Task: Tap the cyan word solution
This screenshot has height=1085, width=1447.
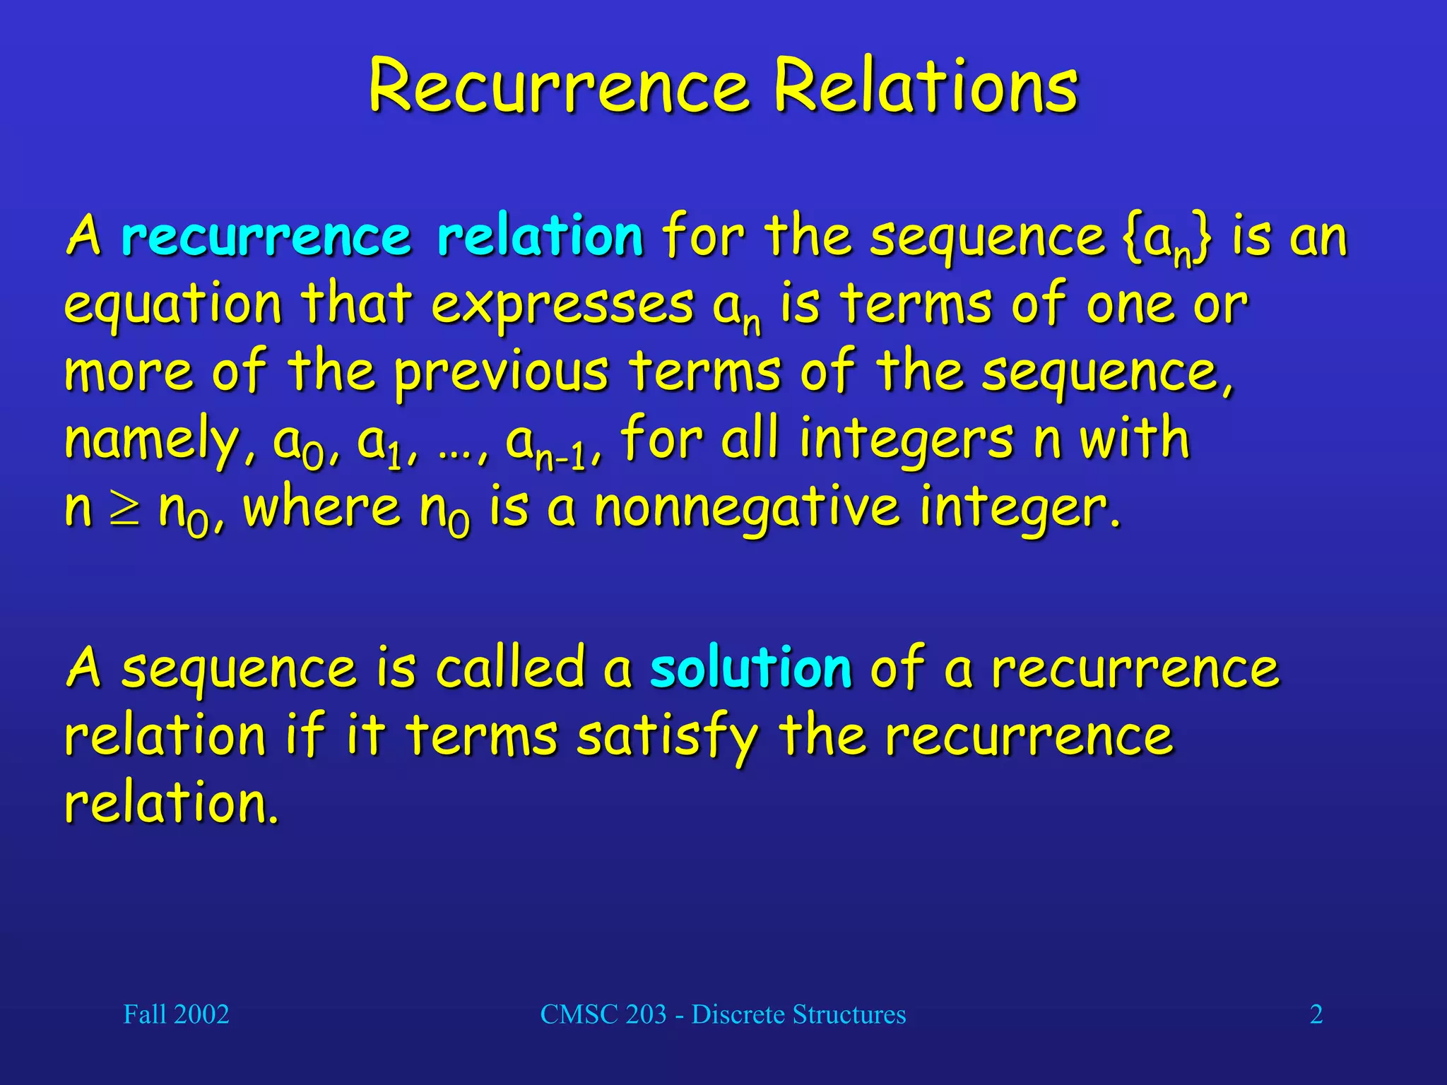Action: point(750,668)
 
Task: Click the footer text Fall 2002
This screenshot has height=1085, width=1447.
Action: point(176,1014)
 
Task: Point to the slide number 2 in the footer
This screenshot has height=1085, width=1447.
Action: point(1316,1014)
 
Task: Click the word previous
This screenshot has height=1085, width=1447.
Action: point(500,372)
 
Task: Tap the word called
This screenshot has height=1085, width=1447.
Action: point(509,668)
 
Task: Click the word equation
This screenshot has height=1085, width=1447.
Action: point(173,305)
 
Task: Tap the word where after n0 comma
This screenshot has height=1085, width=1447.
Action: point(321,509)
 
